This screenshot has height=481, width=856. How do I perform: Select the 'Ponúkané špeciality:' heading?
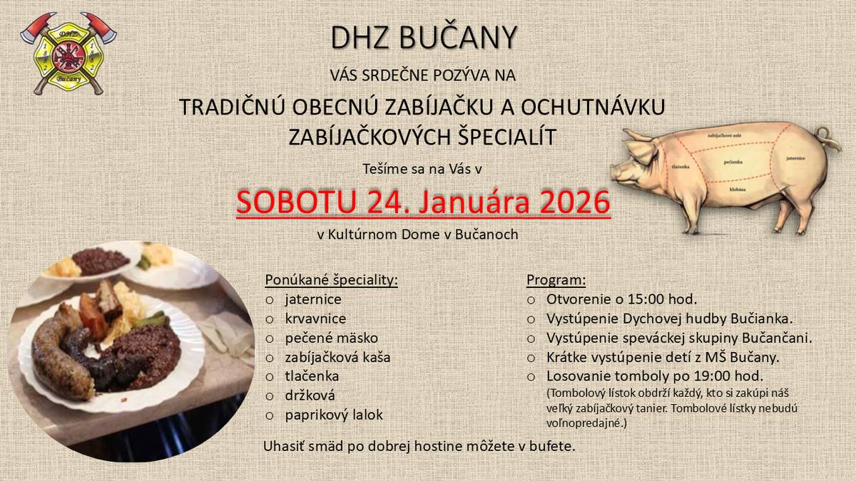click(x=331, y=279)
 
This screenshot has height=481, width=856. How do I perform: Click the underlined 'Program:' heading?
click(x=556, y=279)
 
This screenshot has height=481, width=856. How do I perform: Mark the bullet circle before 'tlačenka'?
click(x=270, y=376)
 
